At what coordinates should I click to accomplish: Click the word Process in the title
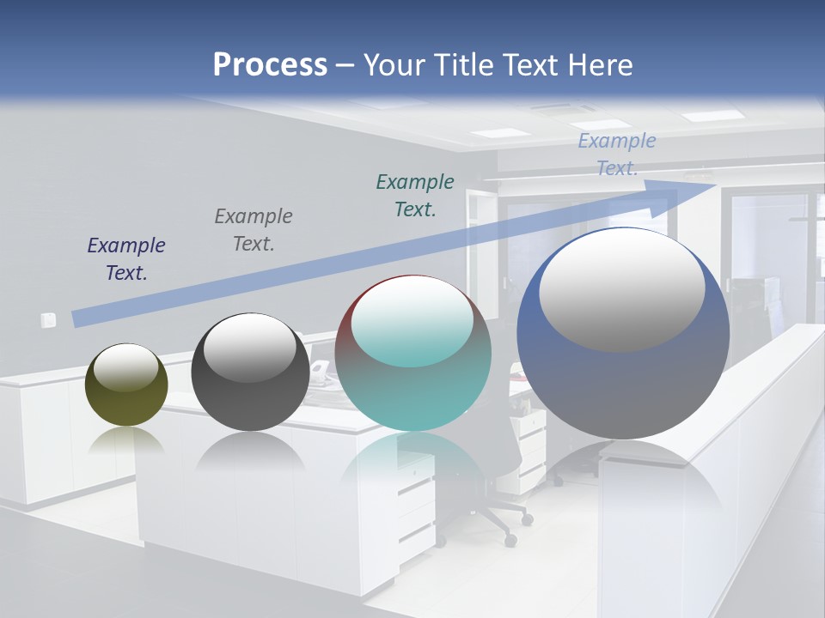click(x=270, y=64)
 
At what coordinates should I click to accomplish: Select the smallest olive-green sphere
click(x=126, y=385)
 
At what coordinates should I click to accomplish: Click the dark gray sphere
click(x=250, y=373)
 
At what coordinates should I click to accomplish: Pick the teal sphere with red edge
click(x=412, y=353)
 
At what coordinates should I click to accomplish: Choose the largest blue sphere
click(x=623, y=334)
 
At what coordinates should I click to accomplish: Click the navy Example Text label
click(x=126, y=258)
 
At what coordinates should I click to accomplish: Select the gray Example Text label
click(x=254, y=229)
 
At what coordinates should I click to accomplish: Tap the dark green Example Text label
click(x=415, y=195)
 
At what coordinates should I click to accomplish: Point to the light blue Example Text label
click(x=616, y=154)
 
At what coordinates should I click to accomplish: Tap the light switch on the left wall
click(x=49, y=320)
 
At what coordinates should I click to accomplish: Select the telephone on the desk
click(x=320, y=372)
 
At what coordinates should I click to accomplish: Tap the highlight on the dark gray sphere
click(x=249, y=348)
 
